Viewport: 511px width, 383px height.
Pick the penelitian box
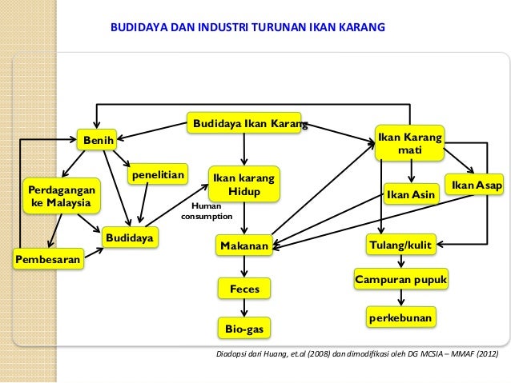coord(157,174)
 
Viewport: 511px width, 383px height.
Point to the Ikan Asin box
coord(410,194)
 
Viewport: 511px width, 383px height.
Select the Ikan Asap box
coord(477,186)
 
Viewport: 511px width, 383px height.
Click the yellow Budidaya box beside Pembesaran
coord(130,237)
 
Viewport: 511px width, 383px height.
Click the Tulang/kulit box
coord(400,243)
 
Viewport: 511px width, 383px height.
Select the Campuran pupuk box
coord(400,280)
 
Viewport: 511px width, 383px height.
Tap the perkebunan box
coord(400,318)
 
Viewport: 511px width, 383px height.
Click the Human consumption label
coord(207,210)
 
